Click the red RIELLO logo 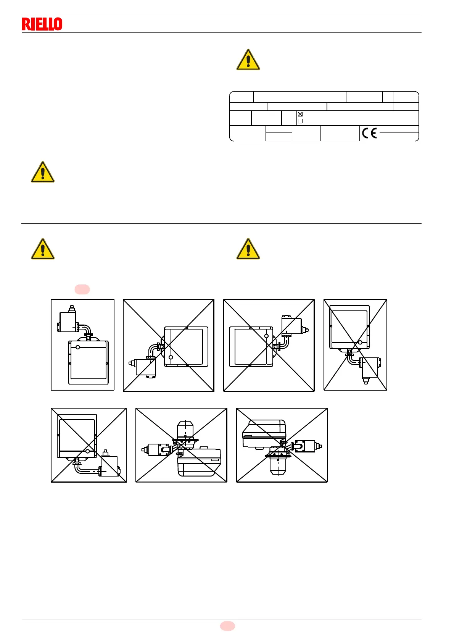point(42,24)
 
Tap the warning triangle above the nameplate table point(248,60)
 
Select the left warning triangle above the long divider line point(42,173)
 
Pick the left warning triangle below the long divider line point(42,249)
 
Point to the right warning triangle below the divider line point(248,249)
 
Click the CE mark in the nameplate point(369,133)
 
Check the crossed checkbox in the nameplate point(300,114)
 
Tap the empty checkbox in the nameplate point(300,121)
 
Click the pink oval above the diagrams point(82,289)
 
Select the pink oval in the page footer point(227,626)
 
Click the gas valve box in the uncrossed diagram point(68,322)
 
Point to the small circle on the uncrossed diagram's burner point(78,347)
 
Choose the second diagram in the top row point(168,345)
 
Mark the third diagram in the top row point(269,345)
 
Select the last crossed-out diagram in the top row point(355,345)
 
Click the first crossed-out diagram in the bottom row point(89,445)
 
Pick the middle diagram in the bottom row point(181,445)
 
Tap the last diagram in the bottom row point(282,445)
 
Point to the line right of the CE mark point(399,133)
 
